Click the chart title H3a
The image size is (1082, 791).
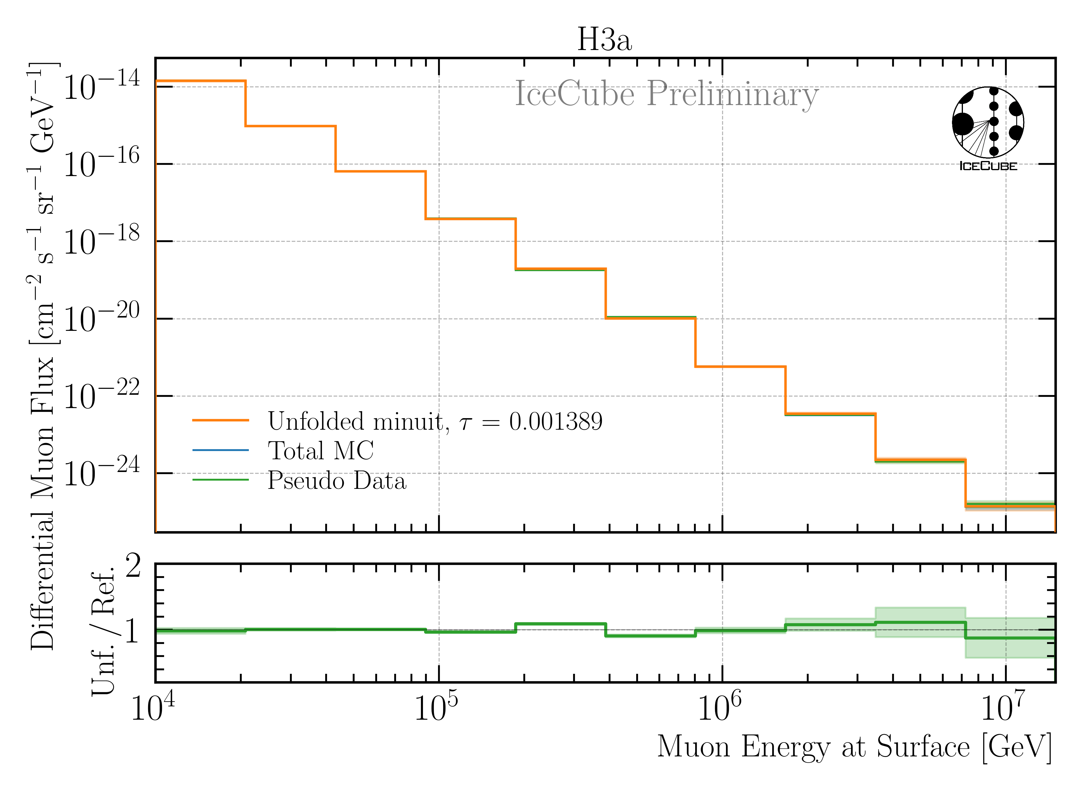click(604, 39)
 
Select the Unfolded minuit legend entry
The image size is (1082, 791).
click(358, 421)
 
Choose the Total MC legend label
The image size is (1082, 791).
click(320, 451)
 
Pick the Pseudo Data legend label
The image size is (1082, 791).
click(337, 480)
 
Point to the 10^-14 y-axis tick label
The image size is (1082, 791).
click(101, 86)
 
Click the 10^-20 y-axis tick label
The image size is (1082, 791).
click(101, 318)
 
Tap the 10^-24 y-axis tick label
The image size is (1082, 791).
click(101, 473)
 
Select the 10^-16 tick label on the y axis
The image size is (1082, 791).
click(101, 163)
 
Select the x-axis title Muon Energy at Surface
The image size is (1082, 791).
click(854, 747)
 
